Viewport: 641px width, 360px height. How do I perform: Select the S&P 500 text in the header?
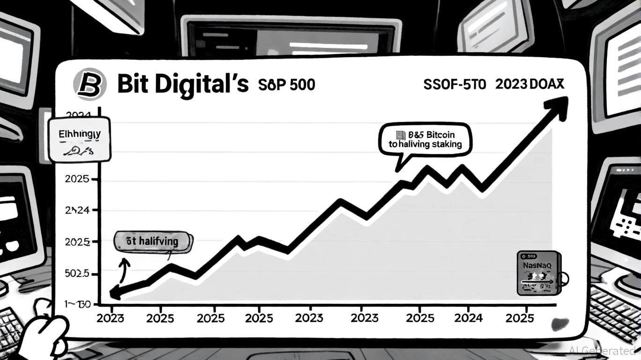point(286,85)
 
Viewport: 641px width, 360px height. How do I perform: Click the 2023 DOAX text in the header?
point(529,84)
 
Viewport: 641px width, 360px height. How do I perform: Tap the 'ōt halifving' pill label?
point(153,242)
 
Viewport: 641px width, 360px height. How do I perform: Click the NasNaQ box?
point(538,273)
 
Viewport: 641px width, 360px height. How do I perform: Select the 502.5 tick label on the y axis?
point(77,273)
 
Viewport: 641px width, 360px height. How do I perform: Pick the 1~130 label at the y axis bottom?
point(77,304)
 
